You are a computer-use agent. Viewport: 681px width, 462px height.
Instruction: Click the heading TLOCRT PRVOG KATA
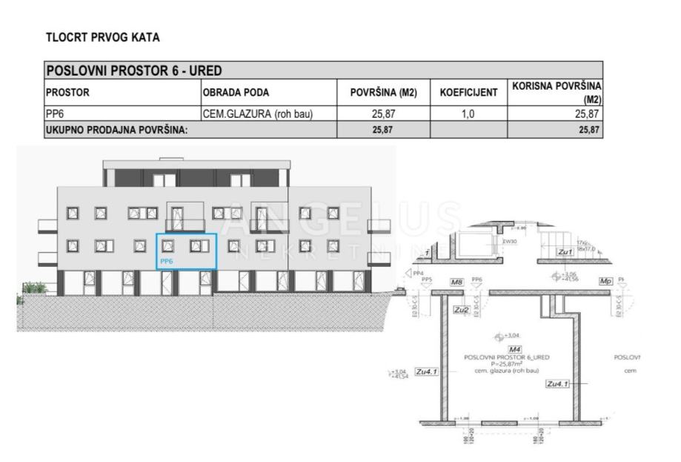(102, 37)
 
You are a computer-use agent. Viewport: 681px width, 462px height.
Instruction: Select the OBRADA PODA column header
(236, 93)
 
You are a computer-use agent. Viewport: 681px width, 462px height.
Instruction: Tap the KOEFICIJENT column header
(468, 93)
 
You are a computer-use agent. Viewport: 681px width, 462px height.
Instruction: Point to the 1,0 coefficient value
(468, 114)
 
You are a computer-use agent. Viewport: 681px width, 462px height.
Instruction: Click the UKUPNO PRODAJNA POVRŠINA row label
(117, 130)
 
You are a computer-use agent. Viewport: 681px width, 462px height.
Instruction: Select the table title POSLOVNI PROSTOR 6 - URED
(134, 71)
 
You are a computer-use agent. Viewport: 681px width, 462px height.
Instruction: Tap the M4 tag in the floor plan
(513, 349)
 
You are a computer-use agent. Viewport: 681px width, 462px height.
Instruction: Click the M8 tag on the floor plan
(456, 283)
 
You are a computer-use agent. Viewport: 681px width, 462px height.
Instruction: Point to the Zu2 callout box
(461, 309)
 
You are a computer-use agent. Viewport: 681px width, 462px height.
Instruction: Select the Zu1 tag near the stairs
(565, 253)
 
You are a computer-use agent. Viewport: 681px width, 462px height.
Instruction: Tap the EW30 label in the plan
(509, 241)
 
